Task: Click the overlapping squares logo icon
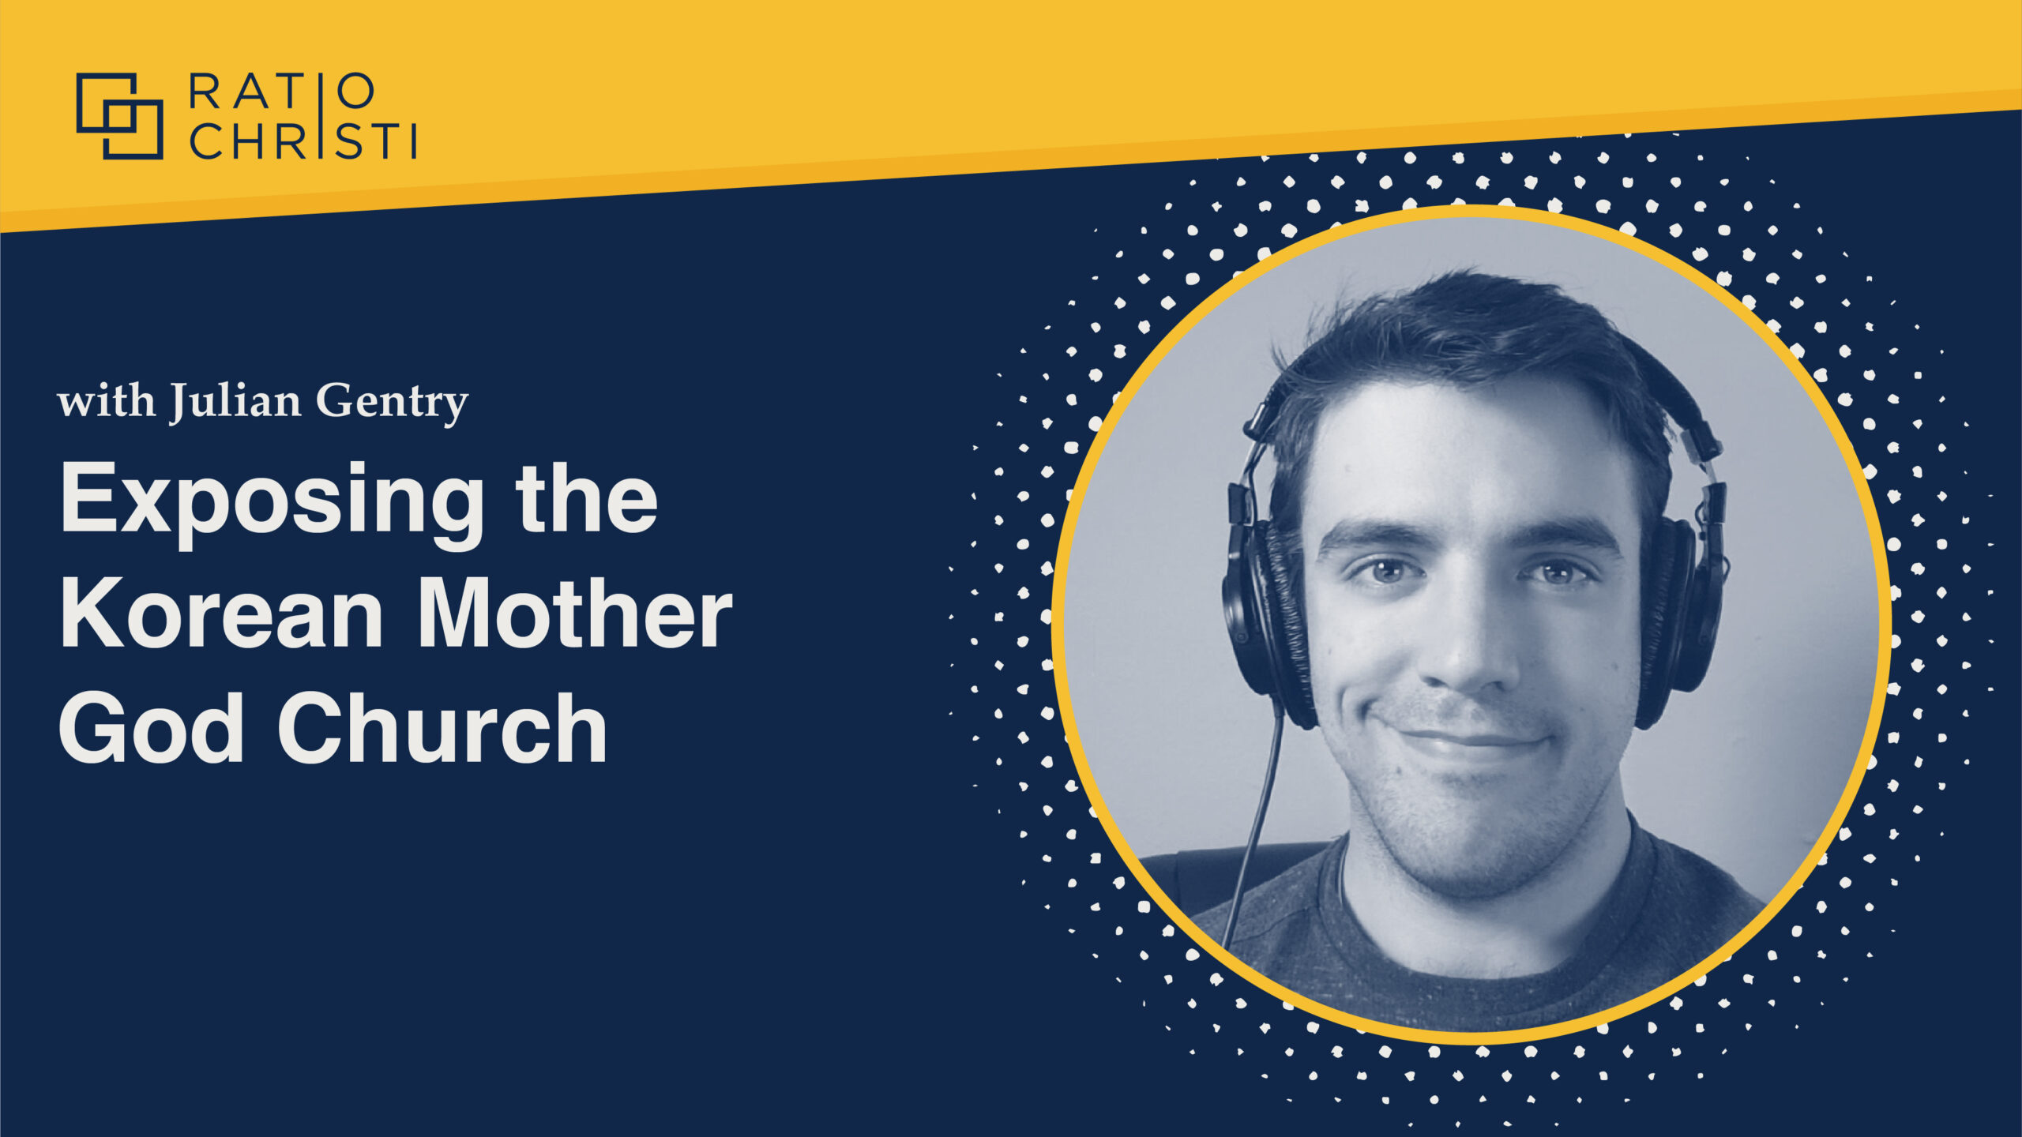(119, 116)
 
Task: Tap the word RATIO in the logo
(281, 92)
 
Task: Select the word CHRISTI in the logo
(303, 141)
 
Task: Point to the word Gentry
(393, 403)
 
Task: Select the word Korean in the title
(222, 615)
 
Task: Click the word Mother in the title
(575, 615)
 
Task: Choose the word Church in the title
(442, 728)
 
